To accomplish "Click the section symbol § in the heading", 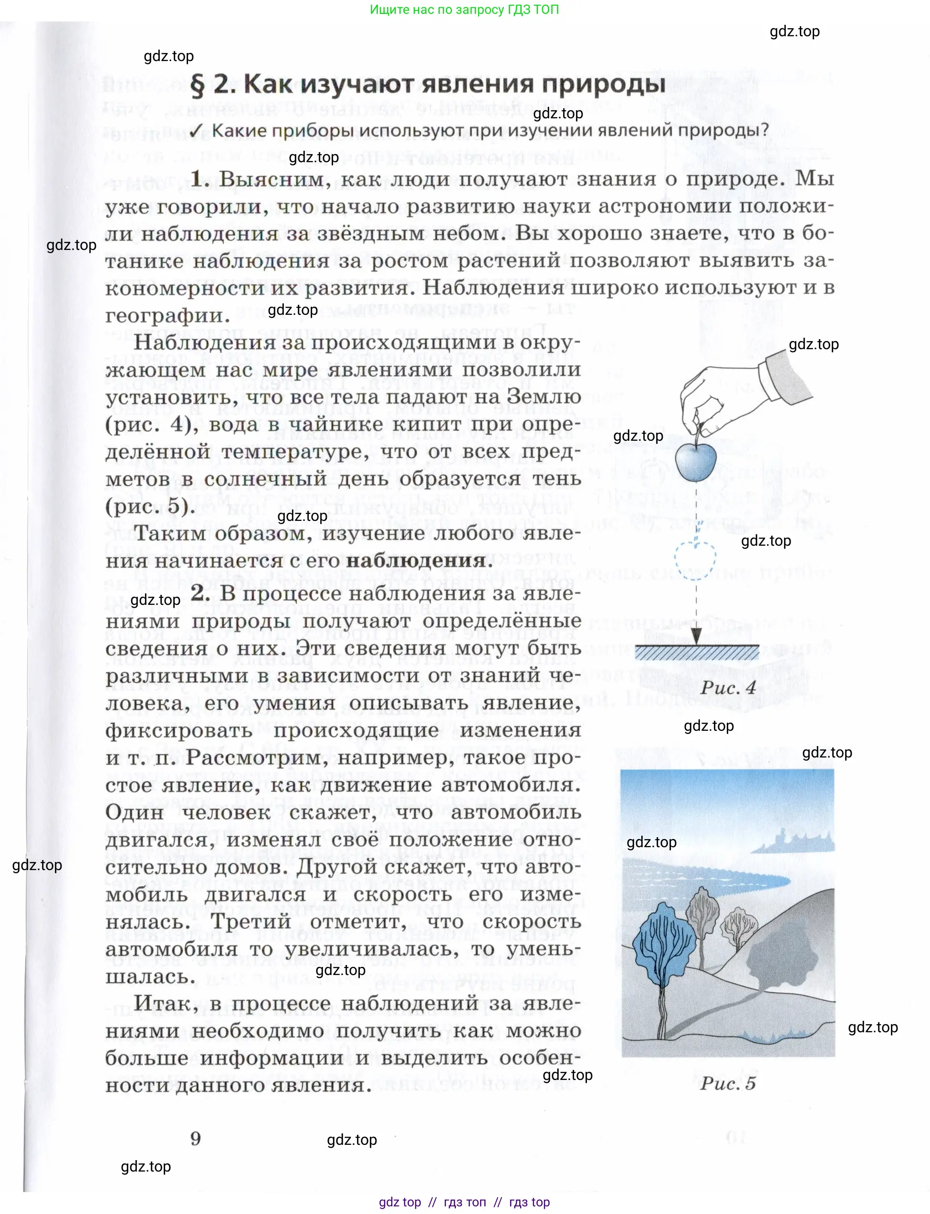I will (198, 85).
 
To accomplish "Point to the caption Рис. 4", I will (727, 688).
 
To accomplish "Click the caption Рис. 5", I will (727, 1083).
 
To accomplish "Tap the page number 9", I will (196, 1138).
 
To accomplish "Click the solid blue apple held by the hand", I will (695, 460).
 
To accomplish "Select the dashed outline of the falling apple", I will (695, 560).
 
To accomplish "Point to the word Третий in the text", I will (251, 921).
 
